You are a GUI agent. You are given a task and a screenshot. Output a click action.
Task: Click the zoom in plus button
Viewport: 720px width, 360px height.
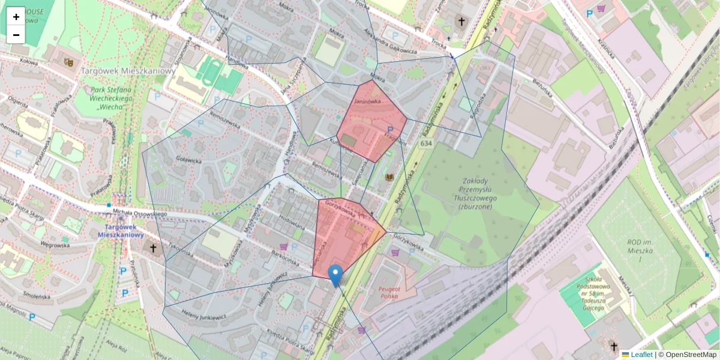tap(16, 17)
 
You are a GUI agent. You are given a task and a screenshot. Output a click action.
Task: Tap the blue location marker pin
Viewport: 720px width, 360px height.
tap(336, 275)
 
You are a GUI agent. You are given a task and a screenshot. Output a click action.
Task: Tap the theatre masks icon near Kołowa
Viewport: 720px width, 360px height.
tap(69, 61)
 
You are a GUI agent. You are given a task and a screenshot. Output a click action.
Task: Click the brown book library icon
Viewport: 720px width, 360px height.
tap(389, 178)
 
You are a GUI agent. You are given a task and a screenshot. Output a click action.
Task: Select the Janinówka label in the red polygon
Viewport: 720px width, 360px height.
tap(368, 101)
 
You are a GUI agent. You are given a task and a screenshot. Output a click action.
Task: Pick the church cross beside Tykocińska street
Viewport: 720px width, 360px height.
tap(153, 248)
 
